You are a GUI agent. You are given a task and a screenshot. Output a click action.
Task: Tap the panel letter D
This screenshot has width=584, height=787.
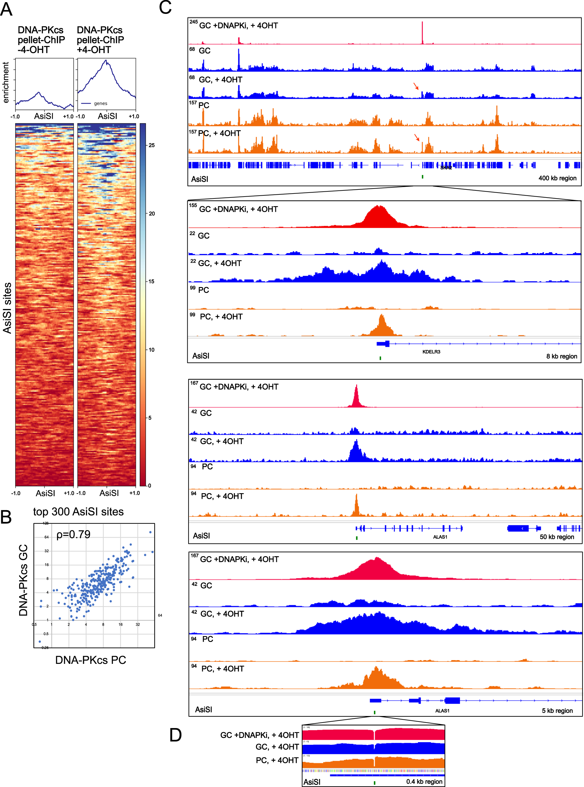pos(175,735)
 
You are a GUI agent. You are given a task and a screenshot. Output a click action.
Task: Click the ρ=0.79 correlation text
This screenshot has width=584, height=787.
pos(73,534)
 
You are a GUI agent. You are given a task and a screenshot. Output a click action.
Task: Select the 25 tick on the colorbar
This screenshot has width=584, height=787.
pos(152,145)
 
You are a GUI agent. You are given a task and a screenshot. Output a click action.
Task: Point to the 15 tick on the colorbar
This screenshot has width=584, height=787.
pos(152,282)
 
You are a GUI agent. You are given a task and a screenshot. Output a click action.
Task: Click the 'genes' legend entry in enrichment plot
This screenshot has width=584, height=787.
pos(100,103)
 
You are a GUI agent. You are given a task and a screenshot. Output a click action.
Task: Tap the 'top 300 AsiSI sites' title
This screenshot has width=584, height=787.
pos(78,511)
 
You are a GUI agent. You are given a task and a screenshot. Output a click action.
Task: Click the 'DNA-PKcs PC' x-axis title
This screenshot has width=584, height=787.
pos(90,660)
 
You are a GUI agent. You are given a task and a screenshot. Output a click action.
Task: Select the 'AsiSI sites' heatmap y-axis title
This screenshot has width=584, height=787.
pos(7,308)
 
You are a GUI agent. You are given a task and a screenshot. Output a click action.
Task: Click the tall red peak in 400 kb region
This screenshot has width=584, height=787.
pos(422,32)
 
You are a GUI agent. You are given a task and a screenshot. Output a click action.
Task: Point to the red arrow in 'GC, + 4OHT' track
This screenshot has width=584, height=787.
pos(416,86)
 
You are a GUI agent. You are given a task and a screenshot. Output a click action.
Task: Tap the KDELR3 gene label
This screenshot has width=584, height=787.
pos(431,352)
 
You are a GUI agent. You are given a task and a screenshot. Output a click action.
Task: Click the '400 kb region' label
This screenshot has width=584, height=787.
pos(557,178)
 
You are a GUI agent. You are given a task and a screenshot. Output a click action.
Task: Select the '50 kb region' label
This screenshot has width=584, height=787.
pos(557,537)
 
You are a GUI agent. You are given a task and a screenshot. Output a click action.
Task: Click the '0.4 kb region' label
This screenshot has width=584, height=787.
pos(424,781)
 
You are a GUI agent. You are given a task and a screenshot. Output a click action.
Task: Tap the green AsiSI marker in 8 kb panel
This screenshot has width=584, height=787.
pos(380,358)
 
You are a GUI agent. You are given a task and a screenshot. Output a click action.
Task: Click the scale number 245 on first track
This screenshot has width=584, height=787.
pos(193,22)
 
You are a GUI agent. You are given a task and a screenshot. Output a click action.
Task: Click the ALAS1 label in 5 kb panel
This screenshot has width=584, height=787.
pos(442,710)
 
